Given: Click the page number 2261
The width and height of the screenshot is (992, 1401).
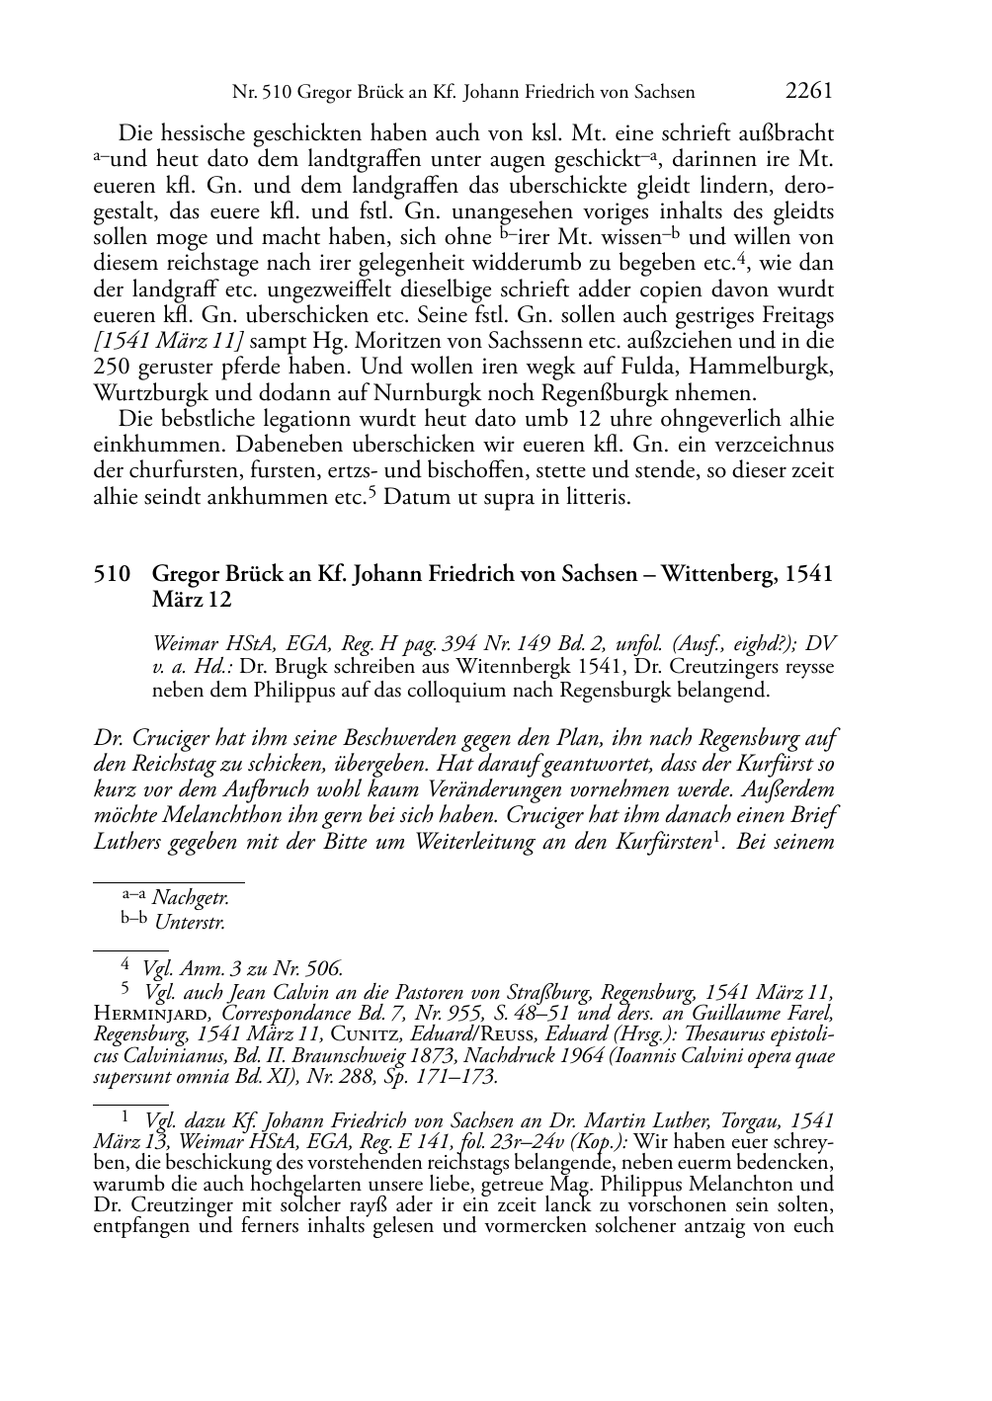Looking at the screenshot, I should (809, 92).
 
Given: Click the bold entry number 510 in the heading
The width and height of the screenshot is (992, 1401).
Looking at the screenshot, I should (112, 574).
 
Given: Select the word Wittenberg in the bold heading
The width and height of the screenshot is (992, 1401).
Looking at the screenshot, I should (716, 574).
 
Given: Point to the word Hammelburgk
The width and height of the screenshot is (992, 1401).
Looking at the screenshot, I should (764, 367).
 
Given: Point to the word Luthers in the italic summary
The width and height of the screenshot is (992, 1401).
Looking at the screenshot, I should (129, 842).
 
